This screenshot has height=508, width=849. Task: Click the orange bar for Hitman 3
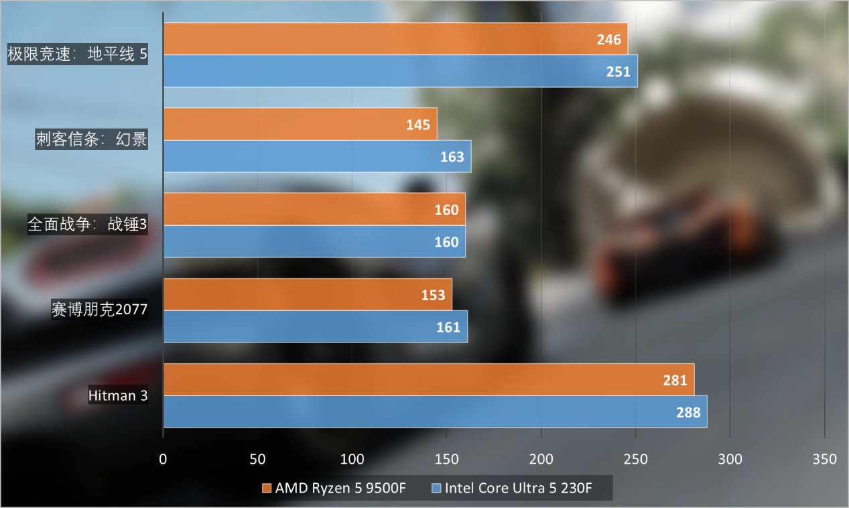click(429, 380)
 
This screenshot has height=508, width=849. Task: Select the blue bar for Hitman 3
click(436, 411)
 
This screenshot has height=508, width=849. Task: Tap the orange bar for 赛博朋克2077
click(308, 295)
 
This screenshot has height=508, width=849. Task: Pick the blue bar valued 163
click(317, 157)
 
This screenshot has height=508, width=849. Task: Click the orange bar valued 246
click(395, 39)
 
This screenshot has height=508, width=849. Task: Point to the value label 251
click(618, 72)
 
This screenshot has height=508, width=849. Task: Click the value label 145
click(417, 125)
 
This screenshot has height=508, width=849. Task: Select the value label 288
click(688, 412)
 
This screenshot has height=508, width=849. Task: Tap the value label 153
click(433, 295)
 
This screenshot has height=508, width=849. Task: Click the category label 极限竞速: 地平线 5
click(77, 54)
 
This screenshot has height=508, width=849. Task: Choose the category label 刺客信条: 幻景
click(91, 139)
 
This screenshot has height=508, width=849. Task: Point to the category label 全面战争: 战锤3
click(87, 225)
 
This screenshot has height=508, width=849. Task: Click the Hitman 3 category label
click(118, 395)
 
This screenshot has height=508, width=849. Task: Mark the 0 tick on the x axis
click(164, 459)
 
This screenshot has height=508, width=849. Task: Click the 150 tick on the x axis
click(447, 459)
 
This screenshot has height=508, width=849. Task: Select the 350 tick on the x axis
click(824, 459)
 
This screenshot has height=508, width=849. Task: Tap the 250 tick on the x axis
click(636, 459)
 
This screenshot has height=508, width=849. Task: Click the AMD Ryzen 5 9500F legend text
click(340, 488)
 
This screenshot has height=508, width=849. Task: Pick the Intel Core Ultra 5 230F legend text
click(518, 488)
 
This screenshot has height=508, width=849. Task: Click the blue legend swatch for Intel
click(437, 488)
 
